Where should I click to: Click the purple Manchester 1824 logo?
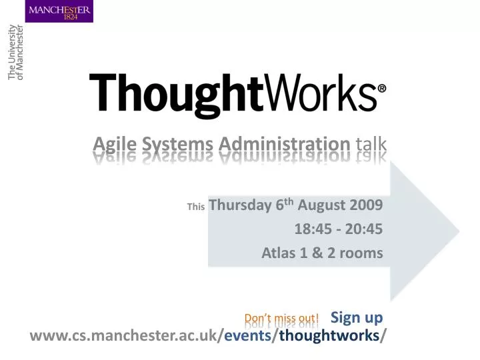pos(59,11)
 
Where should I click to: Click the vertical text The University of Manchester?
pos(15,53)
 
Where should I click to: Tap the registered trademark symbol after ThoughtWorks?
pos(382,89)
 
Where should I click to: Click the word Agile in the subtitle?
pos(115,144)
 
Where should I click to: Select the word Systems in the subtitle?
pos(177,145)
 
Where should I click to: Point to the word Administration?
pos(285,144)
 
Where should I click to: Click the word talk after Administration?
pos(371,144)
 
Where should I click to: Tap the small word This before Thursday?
pos(196,207)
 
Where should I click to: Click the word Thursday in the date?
pos(240,205)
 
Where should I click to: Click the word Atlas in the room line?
pos(279,253)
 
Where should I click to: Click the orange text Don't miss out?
pos(281,319)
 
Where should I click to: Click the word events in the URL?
pos(247,335)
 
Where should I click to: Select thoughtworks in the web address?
pos(329,335)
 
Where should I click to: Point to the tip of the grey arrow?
pos(459,231)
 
